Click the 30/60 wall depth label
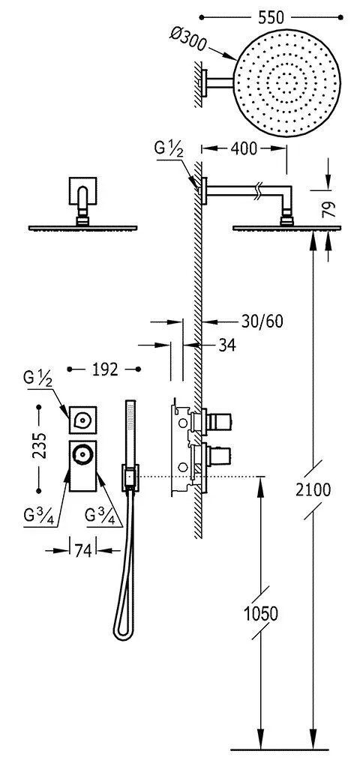[262, 322]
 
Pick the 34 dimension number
[226, 346]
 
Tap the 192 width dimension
[105, 370]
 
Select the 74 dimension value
[82, 551]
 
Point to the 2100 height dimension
[313, 490]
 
